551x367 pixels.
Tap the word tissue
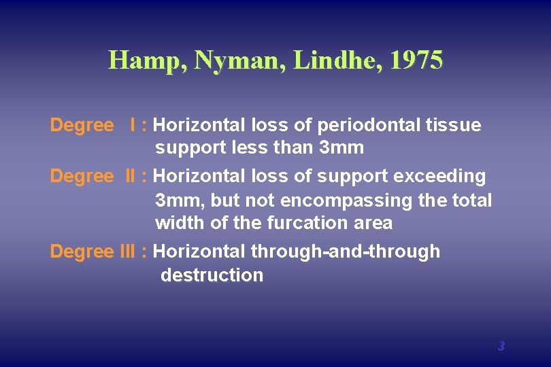pyautogui.click(x=455, y=125)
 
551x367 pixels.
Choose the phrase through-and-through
pyautogui.click(x=346, y=251)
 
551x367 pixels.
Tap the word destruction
pyautogui.click(x=212, y=275)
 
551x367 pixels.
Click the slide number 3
pyautogui.click(x=501, y=346)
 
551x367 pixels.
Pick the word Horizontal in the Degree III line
pyautogui.click(x=199, y=251)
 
